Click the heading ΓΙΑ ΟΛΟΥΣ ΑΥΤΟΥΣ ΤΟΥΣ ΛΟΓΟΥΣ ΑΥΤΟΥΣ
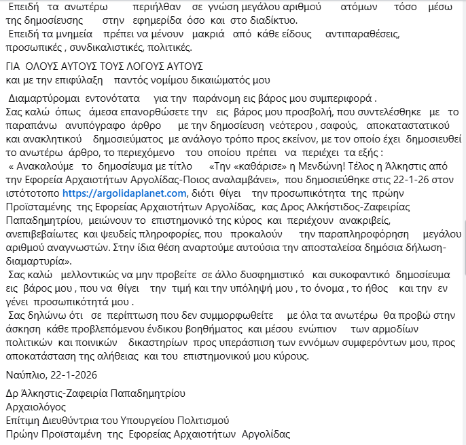click(105, 66)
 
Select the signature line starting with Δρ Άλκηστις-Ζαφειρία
click(95, 394)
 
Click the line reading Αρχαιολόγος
click(36, 407)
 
